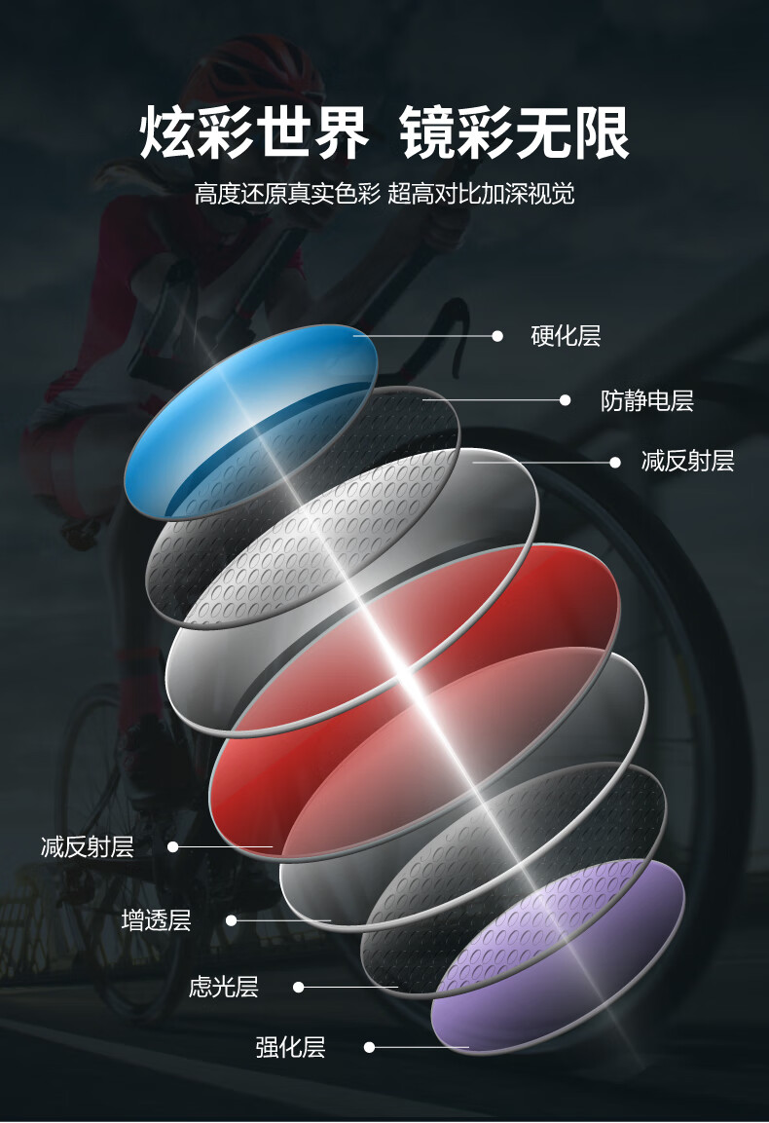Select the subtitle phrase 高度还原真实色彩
coord(287,193)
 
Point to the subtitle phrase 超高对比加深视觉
coord(481,193)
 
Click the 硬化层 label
coord(566,337)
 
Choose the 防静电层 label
coord(646,400)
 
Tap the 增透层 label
coord(156,920)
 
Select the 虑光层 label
coord(223,988)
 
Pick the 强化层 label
coord(290,1048)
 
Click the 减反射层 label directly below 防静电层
coord(687,462)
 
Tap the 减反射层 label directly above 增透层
coord(88,847)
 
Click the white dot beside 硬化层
coord(497,336)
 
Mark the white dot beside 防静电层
coord(566,399)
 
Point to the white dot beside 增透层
coord(232,920)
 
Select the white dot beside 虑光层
coord(299,988)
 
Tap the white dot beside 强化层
coord(369,1048)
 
